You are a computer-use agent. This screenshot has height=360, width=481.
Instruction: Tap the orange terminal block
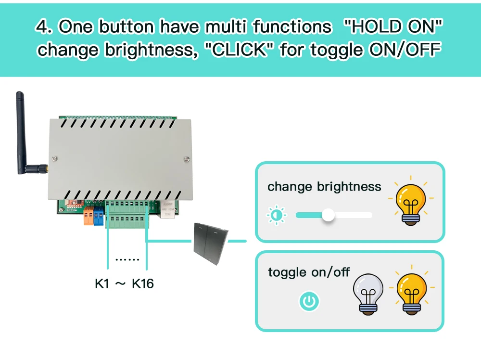[89, 217]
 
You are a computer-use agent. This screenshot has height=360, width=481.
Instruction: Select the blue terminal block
[99, 217]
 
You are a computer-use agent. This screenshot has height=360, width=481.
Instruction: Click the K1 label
[102, 283]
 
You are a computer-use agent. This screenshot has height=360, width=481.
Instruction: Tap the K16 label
[143, 283]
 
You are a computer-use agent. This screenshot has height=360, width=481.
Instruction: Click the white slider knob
[328, 215]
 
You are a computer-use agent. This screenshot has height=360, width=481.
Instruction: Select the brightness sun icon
[276, 215]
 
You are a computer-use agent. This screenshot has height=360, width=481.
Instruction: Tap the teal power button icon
[309, 302]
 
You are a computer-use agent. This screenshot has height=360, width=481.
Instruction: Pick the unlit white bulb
[368, 294]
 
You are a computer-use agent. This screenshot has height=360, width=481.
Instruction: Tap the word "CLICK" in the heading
[240, 50]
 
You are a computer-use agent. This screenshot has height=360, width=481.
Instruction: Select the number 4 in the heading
[42, 27]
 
